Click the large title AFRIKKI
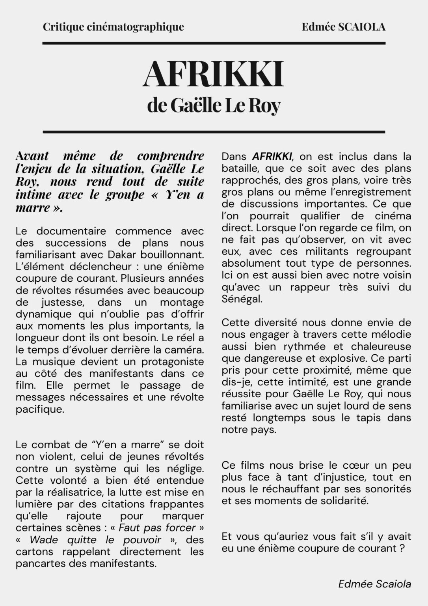click(213, 74)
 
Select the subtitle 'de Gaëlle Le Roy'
click(214, 105)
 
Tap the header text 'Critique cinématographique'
click(113, 27)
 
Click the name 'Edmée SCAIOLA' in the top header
click(343, 27)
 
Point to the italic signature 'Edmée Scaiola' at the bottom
click(374, 584)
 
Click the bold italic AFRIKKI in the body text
click(272, 156)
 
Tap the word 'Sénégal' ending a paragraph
click(241, 299)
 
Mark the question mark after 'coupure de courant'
click(402, 548)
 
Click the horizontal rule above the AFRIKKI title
click(214, 43)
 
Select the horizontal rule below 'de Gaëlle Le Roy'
click(214, 132)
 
